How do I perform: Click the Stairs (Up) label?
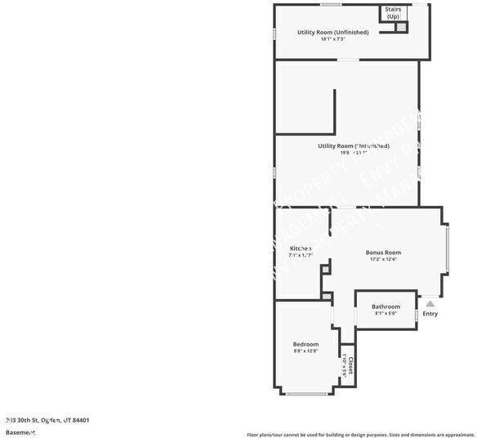click(393, 13)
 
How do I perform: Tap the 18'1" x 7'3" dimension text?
click(332, 39)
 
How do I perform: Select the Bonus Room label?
click(383, 253)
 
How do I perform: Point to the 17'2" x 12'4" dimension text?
click(382, 260)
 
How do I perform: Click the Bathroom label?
click(386, 306)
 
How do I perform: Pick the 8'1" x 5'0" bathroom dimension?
click(386, 314)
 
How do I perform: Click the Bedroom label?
click(305, 344)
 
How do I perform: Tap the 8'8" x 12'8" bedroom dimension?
click(305, 351)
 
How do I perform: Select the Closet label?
click(350, 364)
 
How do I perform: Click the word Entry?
click(430, 314)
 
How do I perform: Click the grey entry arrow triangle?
click(430, 304)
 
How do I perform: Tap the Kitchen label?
click(301, 248)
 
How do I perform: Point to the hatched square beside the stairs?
click(400, 27)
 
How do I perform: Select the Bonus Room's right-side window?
click(446, 253)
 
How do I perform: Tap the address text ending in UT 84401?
click(47, 420)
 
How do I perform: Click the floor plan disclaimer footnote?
click(359, 434)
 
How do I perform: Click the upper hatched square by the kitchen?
click(324, 269)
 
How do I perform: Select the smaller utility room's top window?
click(330, 5)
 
